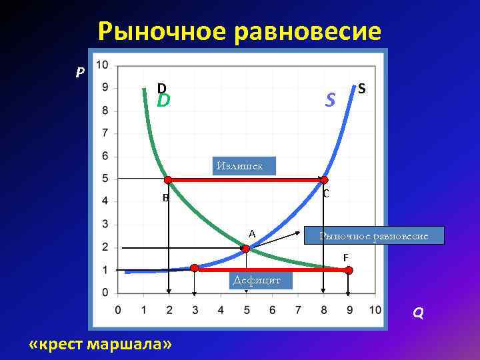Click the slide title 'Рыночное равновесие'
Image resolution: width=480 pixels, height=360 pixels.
[240, 31]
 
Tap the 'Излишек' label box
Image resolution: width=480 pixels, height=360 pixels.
[244, 165]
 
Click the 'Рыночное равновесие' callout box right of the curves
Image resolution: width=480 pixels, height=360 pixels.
[374, 235]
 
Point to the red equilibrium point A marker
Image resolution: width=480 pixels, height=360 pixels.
[245, 249]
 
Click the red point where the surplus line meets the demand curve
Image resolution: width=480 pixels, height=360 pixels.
[168, 179]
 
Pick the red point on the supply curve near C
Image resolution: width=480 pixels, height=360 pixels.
[324, 179]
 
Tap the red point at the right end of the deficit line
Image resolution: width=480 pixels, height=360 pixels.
[349, 270]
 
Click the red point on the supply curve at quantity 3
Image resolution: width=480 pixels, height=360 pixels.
[194, 268]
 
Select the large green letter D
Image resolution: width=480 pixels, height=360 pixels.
[163, 101]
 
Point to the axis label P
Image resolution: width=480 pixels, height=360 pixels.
[79, 72]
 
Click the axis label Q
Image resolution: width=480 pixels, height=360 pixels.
[417, 313]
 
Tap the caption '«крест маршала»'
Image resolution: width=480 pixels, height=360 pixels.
[101, 343]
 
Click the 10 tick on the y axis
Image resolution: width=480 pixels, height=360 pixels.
[103, 65]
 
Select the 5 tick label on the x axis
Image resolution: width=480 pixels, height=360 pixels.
[246, 310]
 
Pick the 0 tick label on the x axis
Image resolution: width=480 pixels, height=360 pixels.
[118, 310]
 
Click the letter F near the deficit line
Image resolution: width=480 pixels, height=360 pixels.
[345, 257]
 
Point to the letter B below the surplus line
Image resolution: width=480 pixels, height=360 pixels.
[165, 198]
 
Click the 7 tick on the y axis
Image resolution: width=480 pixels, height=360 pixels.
[105, 133]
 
